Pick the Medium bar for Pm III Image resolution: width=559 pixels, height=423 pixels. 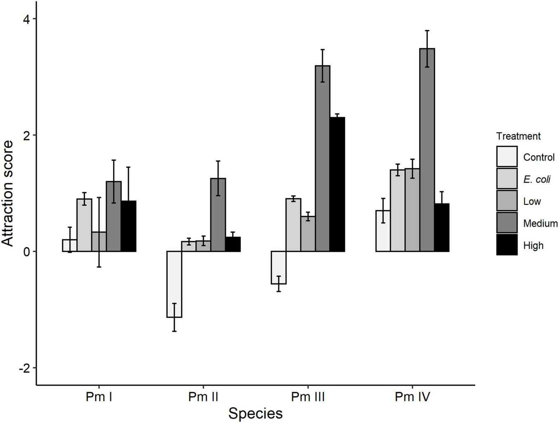(x=322, y=158)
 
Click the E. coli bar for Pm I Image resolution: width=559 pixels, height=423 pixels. (x=85, y=225)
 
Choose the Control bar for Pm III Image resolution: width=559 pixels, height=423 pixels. (x=278, y=267)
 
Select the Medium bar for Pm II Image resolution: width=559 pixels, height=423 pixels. (x=218, y=215)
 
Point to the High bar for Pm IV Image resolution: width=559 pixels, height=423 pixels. (x=441, y=227)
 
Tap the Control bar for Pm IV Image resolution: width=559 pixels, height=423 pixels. (x=383, y=231)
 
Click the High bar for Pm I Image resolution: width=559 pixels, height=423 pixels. (x=128, y=226)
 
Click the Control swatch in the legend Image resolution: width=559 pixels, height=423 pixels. (x=507, y=157)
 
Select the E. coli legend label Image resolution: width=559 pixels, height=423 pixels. (x=537, y=180)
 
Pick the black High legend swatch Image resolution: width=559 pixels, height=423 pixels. (x=507, y=245)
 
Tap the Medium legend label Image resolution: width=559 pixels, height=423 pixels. (x=540, y=224)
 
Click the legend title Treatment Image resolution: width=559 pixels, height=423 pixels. (x=518, y=136)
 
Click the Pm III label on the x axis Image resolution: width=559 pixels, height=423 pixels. (x=308, y=397)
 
